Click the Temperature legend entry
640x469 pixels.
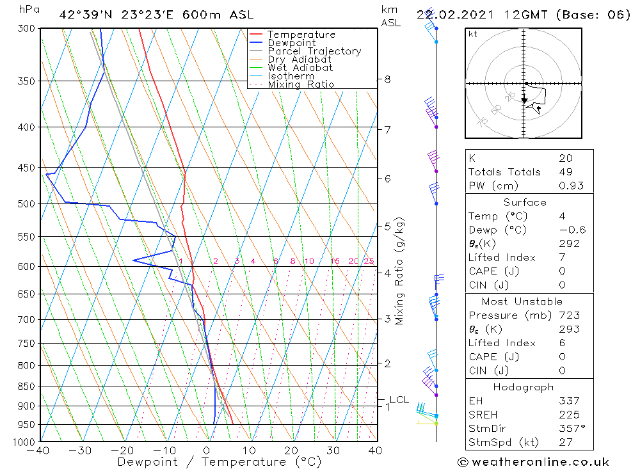[301, 35]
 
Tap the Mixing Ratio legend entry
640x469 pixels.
[301, 84]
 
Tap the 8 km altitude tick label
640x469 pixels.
[387, 79]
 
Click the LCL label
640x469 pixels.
[399, 400]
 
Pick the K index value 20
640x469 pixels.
[565, 158]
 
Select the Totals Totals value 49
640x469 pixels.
[565, 172]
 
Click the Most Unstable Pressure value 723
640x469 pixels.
[569, 315]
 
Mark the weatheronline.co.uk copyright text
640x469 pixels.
[533, 462]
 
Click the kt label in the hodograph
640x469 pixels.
[473, 34]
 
